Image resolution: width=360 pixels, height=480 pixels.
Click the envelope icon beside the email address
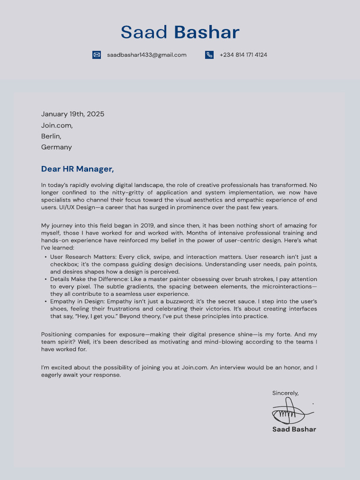pos(97,55)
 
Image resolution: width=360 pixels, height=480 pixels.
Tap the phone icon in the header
pos(209,55)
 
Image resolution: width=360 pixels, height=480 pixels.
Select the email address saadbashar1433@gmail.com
pos(147,55)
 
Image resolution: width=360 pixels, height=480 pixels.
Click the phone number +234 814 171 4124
pos(243,55)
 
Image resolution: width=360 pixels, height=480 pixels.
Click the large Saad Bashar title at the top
pos(180,32)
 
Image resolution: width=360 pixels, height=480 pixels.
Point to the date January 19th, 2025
pos(73,114)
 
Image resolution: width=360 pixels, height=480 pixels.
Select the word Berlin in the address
pos(51,136)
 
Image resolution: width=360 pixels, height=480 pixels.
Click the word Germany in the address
pos(56,147)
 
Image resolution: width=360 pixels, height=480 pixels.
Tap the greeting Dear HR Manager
pos(77,169)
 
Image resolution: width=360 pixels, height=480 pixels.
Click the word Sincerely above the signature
pos(285,393)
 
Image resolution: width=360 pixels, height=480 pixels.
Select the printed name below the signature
pos(294,429)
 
